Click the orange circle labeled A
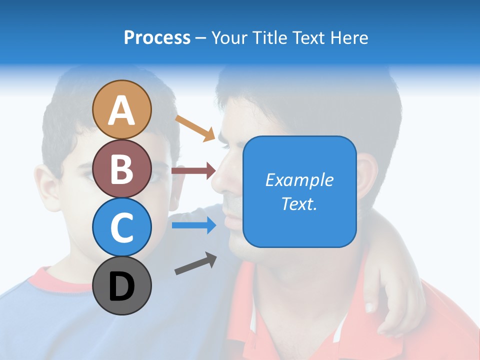click(122, 109)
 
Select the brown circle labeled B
click(122, 168)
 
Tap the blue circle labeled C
click(122, 227)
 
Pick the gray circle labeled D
click(122, 285)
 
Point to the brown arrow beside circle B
click(193, 171)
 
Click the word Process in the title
click(157, 37)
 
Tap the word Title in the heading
click(268, 37)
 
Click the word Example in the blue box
click(299, 180)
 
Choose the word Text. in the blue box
click(299, 203)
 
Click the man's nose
click(220, 180)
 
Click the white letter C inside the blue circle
click(122, 227)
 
